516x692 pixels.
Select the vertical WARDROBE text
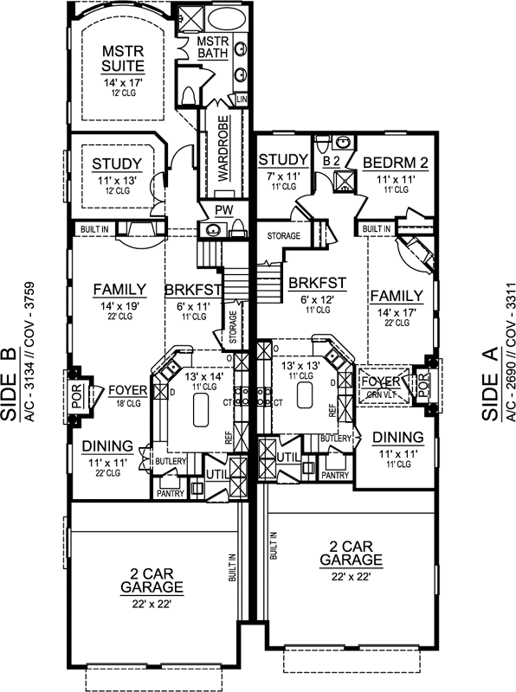pyautogui.click(x=223, y=147)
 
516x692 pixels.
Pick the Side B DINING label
pyautogui.click(x=108, y=446)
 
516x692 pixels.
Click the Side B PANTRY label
pyautogui.click(x=170, y=493)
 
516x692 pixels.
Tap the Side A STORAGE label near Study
pyautogui.click(x=283, y=235)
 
